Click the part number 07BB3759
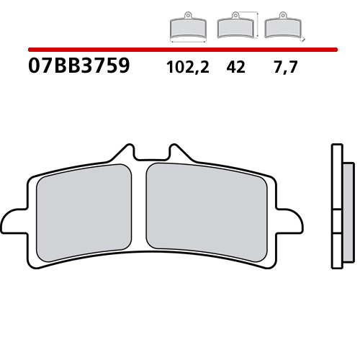pos(79,67)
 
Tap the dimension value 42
pos(235,67)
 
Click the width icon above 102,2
pos(186,27)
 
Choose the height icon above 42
pos(235,27)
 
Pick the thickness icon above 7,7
pos(282,27)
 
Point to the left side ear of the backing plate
pos(16,220)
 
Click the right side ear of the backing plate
pos(292,220)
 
